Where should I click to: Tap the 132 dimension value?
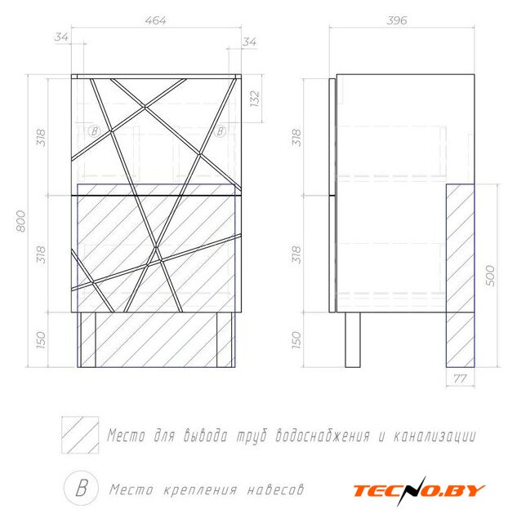tap(254, 99)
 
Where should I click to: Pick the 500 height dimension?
tap(491, 276)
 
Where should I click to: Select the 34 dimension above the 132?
tap(249, 42)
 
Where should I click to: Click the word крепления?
tap(194, 490)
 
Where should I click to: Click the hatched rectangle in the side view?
tap(461, 276)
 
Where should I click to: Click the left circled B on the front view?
tap(93, 130)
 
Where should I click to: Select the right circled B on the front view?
tap(219, 131)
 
